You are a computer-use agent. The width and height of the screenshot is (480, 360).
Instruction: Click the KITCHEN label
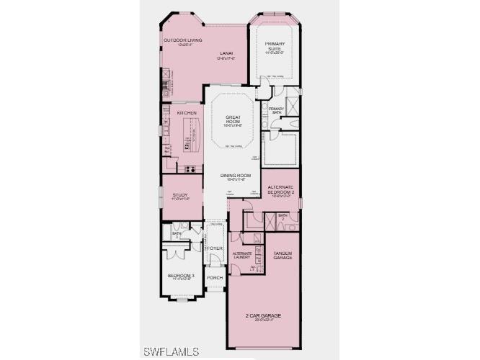pyautogui.click(x=177, y=112)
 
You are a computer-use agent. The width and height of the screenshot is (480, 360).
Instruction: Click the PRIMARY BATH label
pyautogui.click(x=277, y=111)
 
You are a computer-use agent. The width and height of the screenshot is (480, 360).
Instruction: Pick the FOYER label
pyautogui.click(x=215, y=248)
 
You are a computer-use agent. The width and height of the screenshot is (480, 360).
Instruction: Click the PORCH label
pyautogui.click(x=215, y=277)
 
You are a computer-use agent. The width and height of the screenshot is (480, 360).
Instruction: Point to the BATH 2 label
pyautogui.click(x=283, y=216)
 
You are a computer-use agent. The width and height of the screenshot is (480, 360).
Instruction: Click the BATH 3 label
pyautogui.click(x=177, y=234)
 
